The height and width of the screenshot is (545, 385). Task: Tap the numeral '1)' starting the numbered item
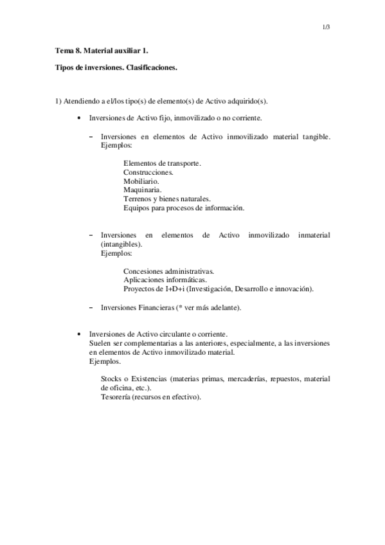click(58, 102)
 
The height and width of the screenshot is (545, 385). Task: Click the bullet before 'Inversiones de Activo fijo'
click(78, 119)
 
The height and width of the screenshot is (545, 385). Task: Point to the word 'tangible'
click(315, 136)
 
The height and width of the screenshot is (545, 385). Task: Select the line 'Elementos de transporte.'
click(162, 163)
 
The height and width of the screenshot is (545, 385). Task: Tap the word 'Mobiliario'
click(140, 181)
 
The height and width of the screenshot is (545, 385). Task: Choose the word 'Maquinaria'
click(141, 190)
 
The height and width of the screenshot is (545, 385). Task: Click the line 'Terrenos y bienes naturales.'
click(166, 199)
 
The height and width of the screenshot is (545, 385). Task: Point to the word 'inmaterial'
click(314, 236)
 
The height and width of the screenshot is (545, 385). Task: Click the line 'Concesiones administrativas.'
click(168, 272)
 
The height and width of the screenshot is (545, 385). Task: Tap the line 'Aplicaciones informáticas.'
click(165, 281)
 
